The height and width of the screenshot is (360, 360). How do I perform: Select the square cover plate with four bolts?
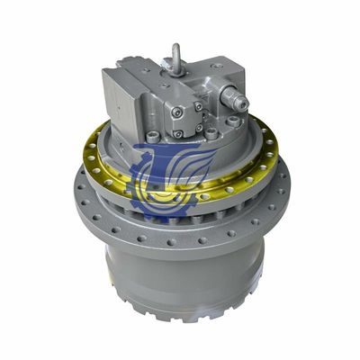click(187, 121)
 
